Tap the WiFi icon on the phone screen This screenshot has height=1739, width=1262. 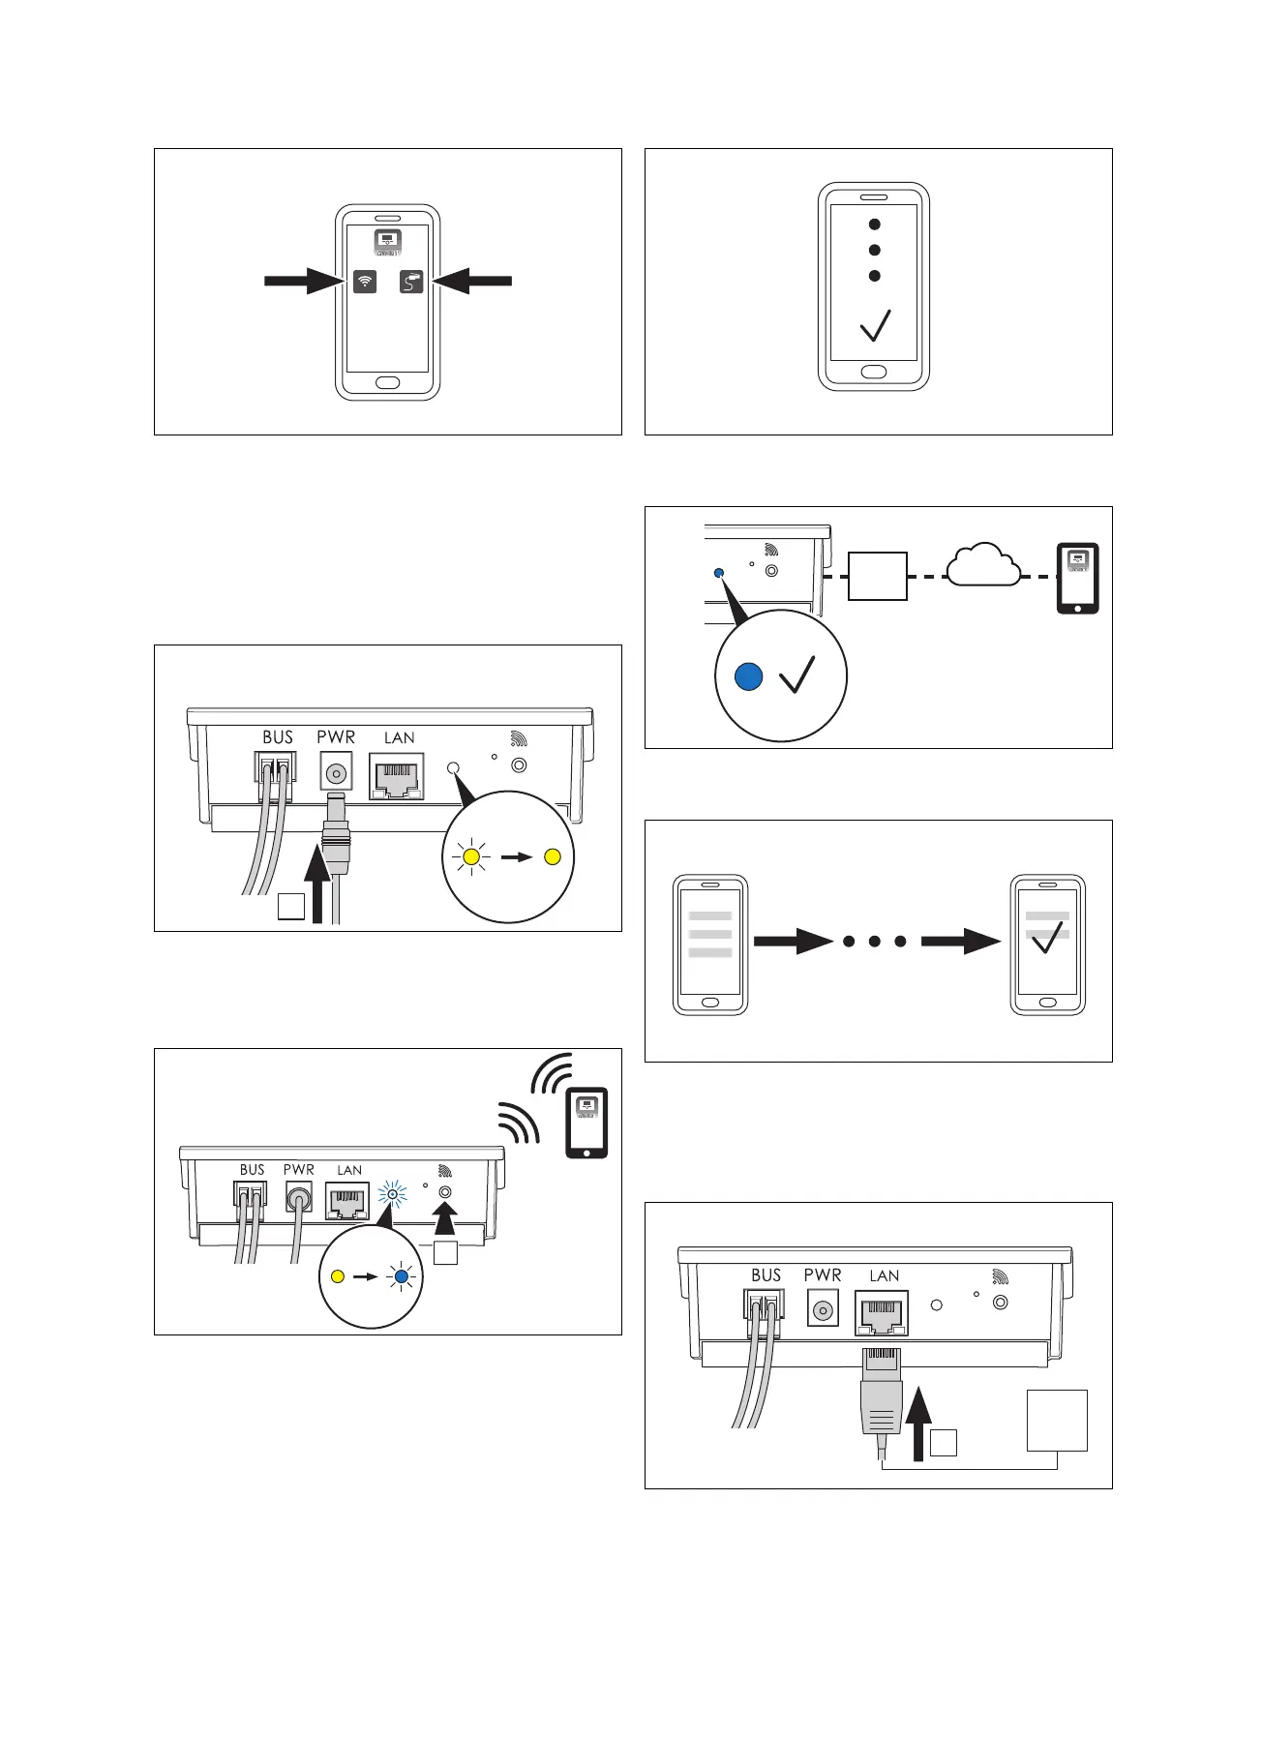365,282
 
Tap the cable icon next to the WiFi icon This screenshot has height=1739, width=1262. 411,282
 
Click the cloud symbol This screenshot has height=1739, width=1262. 983,566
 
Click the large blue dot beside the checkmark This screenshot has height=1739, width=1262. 748,677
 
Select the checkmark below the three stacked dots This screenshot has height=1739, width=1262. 875,326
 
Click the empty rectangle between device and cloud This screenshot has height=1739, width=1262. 878,576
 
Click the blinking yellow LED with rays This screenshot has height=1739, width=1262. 471,856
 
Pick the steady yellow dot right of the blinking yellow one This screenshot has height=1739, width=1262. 553,856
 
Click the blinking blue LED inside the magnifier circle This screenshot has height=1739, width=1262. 401,1276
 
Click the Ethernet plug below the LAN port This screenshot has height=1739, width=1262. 881,1394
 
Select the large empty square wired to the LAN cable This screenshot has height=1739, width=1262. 1057,1421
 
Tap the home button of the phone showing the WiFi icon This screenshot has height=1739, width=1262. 387,382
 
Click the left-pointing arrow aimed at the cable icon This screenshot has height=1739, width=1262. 472,282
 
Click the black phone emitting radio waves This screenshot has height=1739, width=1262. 586,1123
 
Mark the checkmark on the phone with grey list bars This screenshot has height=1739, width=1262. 1047,937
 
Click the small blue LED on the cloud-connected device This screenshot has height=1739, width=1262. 718,573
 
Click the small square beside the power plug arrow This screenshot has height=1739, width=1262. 291,907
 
